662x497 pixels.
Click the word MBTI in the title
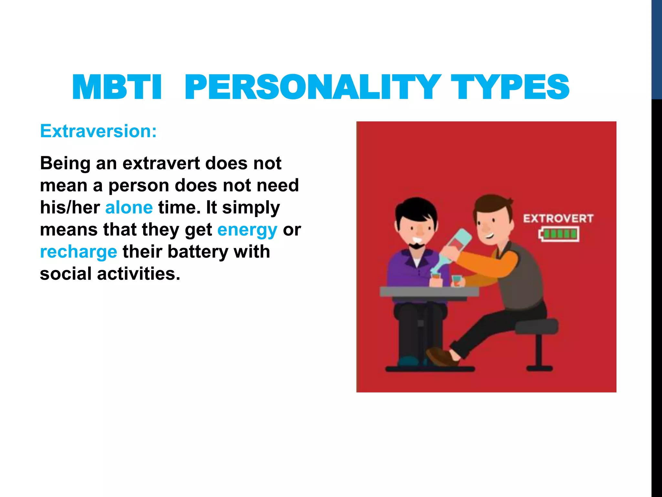[x=117, y=87]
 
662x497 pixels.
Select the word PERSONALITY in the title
[x=312, y=87]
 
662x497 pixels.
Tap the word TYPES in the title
[x=510, y=87]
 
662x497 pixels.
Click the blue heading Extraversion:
[x=98, y=131]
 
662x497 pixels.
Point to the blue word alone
[x=129, y=207]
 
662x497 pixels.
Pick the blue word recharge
[x=79, y=252]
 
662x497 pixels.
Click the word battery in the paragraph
[x=198, y=252]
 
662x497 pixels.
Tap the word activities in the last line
[x=138, y=274]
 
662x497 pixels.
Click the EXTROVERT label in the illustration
[x=558, y=219]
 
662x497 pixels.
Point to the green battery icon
[x=559, y=234]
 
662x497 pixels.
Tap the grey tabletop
[x=429, y=292]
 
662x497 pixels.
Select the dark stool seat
[x=537, y=326]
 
